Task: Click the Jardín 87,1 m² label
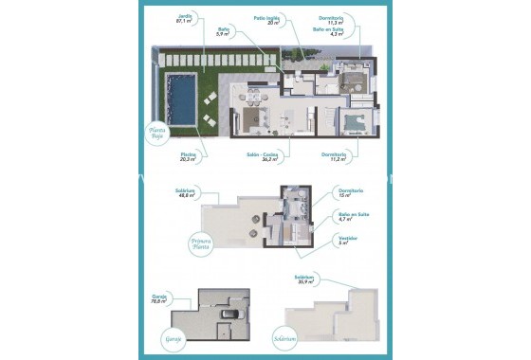(x=184, y=19)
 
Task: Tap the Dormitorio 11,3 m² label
(x=353, y=17)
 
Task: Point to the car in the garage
(x=228, y=315)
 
